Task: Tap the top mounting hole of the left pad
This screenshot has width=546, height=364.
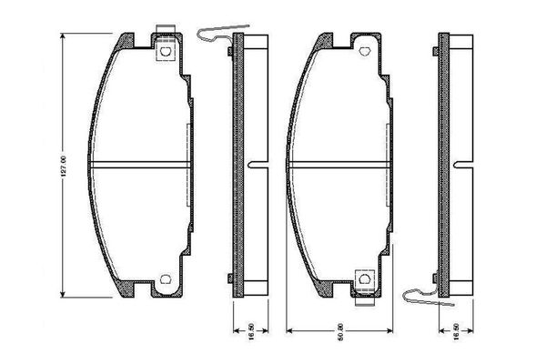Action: tap(166, 52)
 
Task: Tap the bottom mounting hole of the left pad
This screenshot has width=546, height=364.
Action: tap(166, 279)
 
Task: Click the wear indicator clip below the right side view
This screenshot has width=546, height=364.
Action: tap(417, 293)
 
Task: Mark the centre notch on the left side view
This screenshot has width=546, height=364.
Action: tap(255, 166)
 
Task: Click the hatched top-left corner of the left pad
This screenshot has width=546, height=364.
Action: tap(126, 41)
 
